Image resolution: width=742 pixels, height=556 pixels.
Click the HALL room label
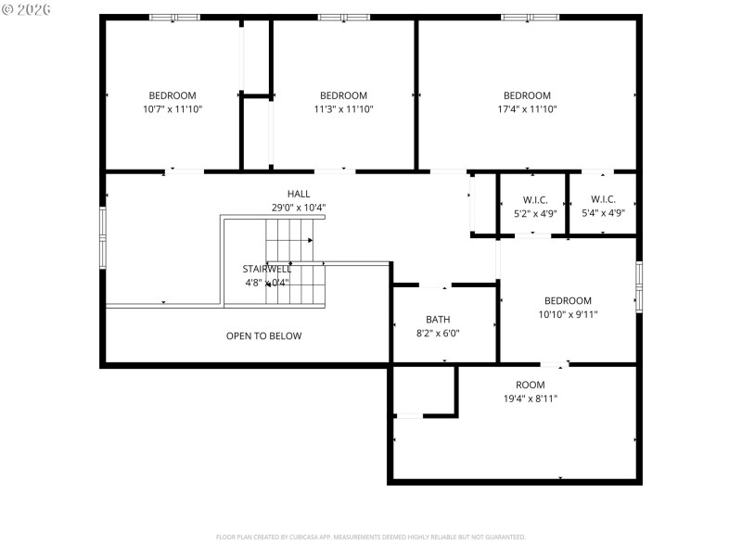coord(299,194)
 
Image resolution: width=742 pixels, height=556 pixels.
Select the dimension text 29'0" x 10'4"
coord(299,208)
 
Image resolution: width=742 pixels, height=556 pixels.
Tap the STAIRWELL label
coord(267,269)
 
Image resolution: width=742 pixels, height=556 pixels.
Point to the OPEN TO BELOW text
coord(263,336)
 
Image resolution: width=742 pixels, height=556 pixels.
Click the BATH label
coord(438,319)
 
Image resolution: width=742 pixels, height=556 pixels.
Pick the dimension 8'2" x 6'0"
coord(438,333)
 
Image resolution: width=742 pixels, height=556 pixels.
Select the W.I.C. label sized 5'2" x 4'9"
coord(535,200)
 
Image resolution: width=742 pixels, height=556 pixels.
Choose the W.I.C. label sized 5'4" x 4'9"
coord(603,200)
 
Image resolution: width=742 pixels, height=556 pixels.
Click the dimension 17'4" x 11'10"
coord(527,109)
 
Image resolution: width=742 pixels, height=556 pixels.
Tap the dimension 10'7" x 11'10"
coord(173,109)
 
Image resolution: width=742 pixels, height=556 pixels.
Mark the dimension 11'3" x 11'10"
coord(343,109)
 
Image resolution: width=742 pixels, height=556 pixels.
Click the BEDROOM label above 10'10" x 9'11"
coord(568,300)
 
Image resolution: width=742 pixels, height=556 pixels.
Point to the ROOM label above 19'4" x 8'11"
coord(531,385)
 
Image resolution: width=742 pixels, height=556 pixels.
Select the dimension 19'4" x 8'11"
coord(531,398)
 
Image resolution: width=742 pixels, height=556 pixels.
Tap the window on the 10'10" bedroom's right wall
coord(638,286)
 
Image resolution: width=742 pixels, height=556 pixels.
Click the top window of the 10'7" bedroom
coord(174,17)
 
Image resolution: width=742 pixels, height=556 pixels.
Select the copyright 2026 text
coord(27,9)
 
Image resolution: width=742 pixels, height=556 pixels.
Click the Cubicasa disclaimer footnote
coord(371,537)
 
